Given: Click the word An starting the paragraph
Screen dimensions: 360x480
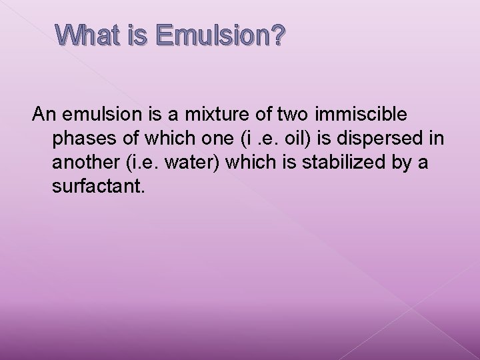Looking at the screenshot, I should click(x=44, y=115).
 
